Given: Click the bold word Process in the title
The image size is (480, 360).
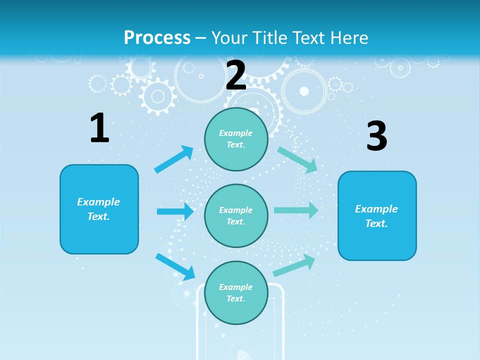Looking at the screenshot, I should pyautogui.click(x=157, y=38).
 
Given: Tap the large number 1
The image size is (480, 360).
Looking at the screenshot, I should pyautogui.click(x=99, y=128).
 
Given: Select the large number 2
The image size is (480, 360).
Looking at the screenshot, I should pyautogui.click(x=236, y=75).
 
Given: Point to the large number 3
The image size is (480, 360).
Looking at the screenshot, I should pyautogui.click(x=376, y=136).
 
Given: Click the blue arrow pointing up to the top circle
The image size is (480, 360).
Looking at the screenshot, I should pyautogui.click(x=174, y=159).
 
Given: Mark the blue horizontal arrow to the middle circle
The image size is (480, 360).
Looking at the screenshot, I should pyautogui.click(x=175, y=211).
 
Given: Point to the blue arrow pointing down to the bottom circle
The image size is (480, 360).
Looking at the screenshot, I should pyautogui.click(x=175, y=266).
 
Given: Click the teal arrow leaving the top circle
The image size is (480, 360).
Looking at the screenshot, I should pyautogui.click(x=297, y=159).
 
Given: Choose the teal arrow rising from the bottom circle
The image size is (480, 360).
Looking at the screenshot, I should pyautogui.click(x=294, y=265).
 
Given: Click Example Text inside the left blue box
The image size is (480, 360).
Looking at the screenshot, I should pyautogui.click(x=98, y=209).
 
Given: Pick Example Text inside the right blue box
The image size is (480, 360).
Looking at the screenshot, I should pyautogui.click(x=376, y=216).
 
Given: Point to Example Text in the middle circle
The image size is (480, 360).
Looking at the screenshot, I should pyautogui.click(x=236, y=215).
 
